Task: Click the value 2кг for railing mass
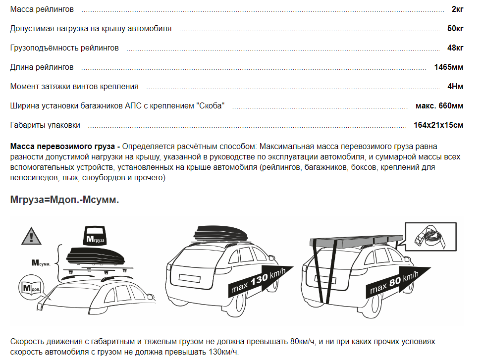[x=457, y=9]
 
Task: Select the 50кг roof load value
[x=455, y=29]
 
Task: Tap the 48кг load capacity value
[x=455, y=48]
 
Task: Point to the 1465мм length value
[x=448, y=67]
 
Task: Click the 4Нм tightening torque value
[x=455, y=87]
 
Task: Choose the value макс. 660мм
[x=439, y=106]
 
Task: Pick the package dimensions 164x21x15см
[x=438, y=125]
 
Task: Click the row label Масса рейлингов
[x=42, y=9]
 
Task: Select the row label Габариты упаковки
[x=45, y=125]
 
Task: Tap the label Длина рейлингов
[x=42, y=67]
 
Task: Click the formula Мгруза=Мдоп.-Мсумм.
[x=64, y=200]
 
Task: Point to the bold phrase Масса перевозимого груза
[x=62, y=147]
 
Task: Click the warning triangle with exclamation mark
[x=31, y=236]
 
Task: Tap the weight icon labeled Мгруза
[x=96, y=236]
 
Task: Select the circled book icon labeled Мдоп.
[x=31, y=288]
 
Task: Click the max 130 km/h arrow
[x=260, y=281]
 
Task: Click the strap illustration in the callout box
[x=430, y=237]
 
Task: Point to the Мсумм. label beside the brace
[x=41, y=263]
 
